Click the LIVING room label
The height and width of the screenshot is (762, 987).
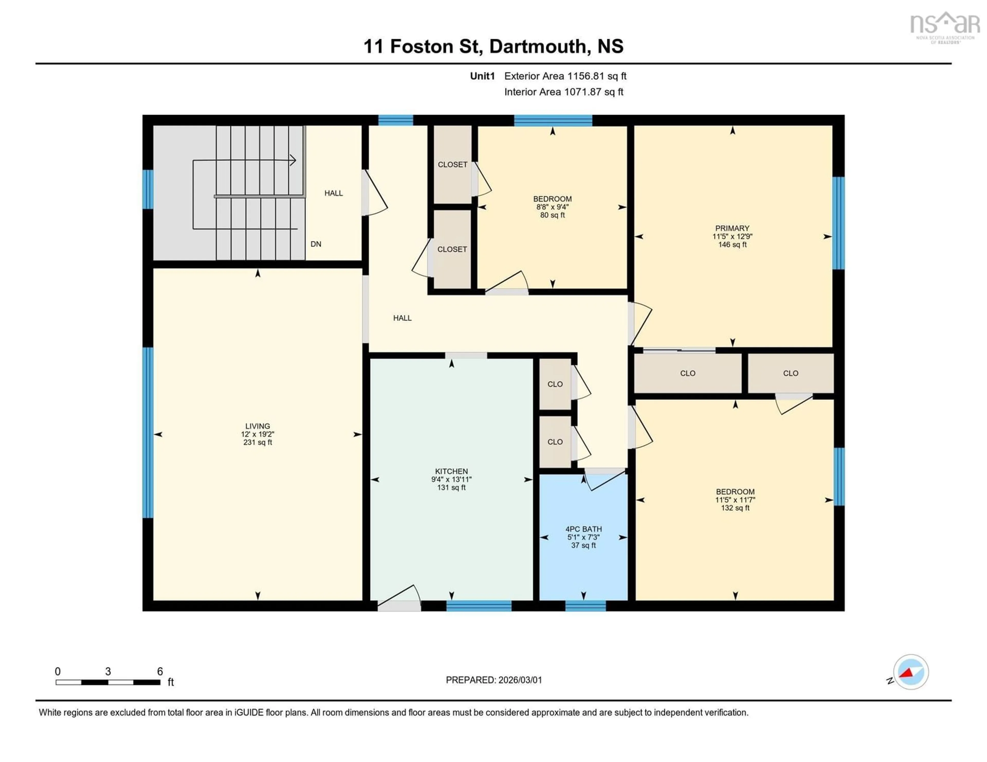pos(258,426)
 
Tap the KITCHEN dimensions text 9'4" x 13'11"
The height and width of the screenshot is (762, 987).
pos(451,479)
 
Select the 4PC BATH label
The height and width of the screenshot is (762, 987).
pos(583,529)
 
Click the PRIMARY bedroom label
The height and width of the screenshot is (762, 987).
pos(732,228)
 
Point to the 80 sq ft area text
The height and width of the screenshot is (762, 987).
pos(552,215)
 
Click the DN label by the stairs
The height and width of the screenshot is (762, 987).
pos(316,244)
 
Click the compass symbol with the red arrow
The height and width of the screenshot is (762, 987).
pos(911,672)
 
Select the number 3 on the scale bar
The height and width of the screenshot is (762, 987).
pos(108,671)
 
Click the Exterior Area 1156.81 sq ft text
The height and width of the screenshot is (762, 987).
pos(565,76)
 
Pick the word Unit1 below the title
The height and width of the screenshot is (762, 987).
pos(482,76)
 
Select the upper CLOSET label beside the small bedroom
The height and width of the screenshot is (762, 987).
pos(452,164)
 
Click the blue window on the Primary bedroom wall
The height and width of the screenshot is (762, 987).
pos(838,223)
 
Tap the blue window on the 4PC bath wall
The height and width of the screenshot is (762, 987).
pos(585,606)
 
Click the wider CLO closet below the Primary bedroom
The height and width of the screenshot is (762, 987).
pos(687,373)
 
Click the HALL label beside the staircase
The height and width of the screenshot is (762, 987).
pos(334,193)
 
